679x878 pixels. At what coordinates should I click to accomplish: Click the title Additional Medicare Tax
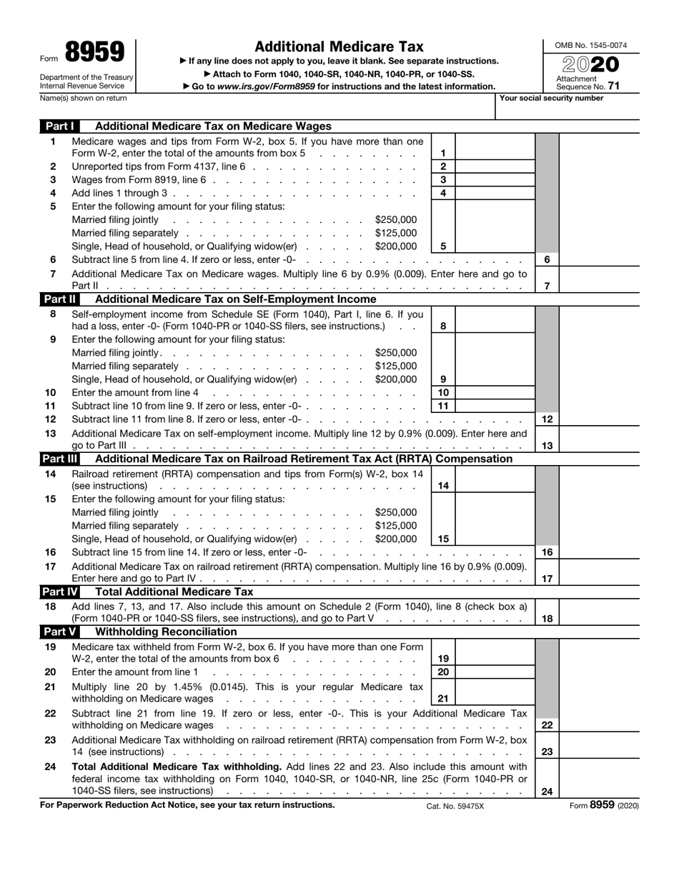click(x=339, y=46)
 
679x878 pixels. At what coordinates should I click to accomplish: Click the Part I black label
click(x=60, y=126)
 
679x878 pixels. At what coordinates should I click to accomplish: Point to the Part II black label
click(x=60, y=299)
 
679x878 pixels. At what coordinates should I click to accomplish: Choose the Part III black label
click(x=60, y=459)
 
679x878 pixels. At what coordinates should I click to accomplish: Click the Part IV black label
click(x=60, y=592)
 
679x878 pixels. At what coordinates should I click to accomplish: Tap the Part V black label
click(x=60, y=632)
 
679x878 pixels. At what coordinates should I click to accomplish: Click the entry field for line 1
click(x=495, y=153)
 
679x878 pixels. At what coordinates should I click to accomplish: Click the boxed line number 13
click(x=547, y=446)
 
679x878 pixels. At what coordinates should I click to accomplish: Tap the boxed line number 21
click(x=443, y=699)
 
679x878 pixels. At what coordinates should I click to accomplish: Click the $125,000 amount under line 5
click(x=395, y=233)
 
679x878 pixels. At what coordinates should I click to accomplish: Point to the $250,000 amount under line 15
click(x=395, y=512)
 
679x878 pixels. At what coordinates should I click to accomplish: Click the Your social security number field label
click(x=551, y=98)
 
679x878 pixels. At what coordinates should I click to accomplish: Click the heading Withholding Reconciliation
click(x=166, y=632)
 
